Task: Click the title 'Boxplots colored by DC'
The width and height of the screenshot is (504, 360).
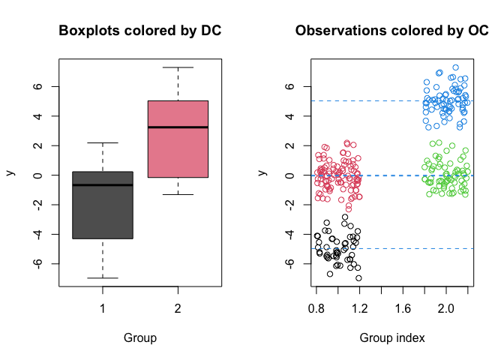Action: pyautogui.click(x=140, y=31)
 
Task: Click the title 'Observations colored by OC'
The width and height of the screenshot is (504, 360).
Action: pyautogui.click(x=392, y=31)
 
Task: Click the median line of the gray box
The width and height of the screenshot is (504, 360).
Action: pyautogui.click(x=103, y=184)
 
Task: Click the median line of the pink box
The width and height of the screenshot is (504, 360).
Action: pyautogui.click(x=178, y=127)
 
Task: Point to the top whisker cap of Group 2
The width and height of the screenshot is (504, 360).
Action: pyautogui.click(x=178, y=67)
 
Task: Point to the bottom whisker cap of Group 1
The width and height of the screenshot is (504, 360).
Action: pyautogui.click(x=103, y=278)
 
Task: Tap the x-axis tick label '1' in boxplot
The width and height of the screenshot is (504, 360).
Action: pyautogui.click(x=103, y=309)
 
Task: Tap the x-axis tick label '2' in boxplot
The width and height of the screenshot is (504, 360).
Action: pyautogui.click(x=178, y=309)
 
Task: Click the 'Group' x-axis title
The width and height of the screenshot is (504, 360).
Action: pyautogui.click(x=140, y=338)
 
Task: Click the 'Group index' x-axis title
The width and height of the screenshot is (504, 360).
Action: pyautogui.click(x=392, y=338)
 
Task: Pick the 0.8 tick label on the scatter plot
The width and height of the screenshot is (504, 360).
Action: pyautogui.click(x=316, y=309)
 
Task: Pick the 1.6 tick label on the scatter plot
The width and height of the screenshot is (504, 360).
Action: pyautogui.click(x=403, y=309)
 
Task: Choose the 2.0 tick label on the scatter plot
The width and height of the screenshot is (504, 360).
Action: pyautogui.click(x=446, y=309)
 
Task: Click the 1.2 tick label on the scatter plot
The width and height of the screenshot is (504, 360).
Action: pyautogui.click(x=360, y=309)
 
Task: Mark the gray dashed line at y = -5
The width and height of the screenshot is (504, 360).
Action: pyautogui.click(x=420, y=248)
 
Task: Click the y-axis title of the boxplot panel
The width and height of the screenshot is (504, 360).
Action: pyautogui.click(x=11, y=172)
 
